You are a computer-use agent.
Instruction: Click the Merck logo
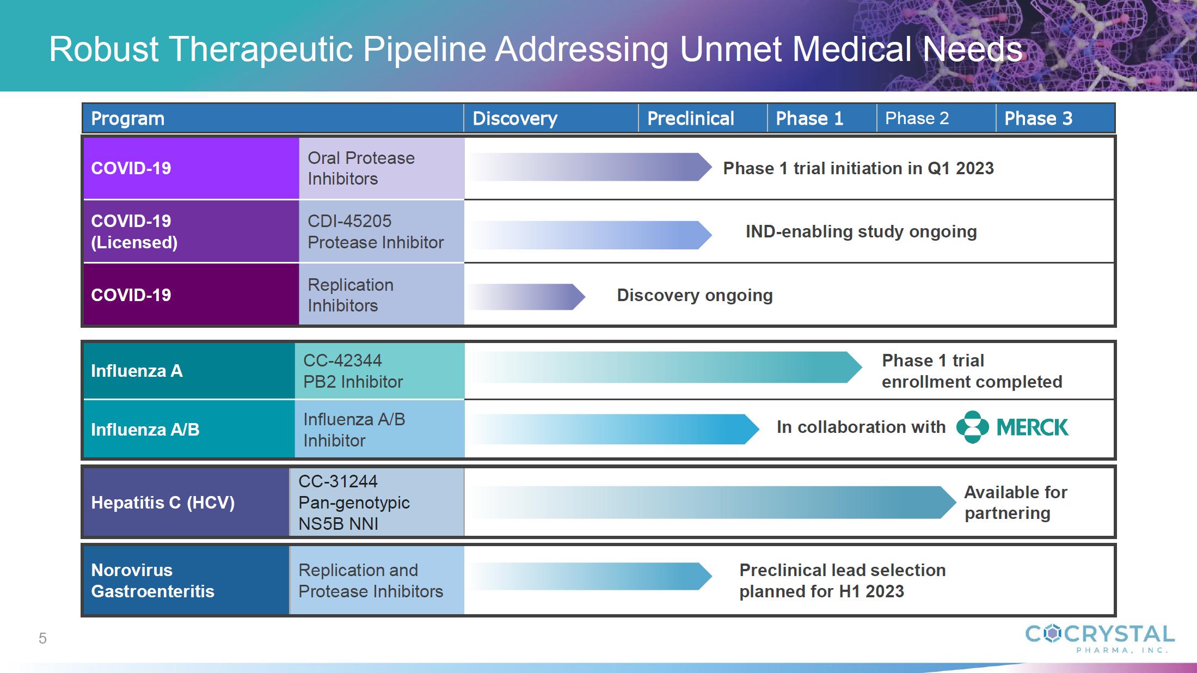(1012, 427)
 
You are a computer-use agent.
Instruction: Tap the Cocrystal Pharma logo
(1100, 638)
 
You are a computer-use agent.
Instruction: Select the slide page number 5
(42, 638)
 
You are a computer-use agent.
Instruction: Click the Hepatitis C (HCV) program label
(163, 503)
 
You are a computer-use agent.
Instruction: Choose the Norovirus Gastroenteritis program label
(152, 580)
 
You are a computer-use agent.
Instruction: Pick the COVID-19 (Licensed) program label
(134, 231)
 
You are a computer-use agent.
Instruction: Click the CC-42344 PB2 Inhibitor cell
(380, 371)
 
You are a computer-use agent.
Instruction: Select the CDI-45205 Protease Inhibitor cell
(382, 231)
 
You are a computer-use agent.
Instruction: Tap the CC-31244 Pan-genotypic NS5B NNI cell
(377, 502)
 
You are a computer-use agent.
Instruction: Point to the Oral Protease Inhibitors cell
(382, 168)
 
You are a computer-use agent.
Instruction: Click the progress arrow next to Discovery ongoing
(527, 297)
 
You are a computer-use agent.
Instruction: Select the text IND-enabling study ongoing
(861, 231)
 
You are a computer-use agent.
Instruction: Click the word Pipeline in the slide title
(424, 50)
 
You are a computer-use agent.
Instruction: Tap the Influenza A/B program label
(145, 430)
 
